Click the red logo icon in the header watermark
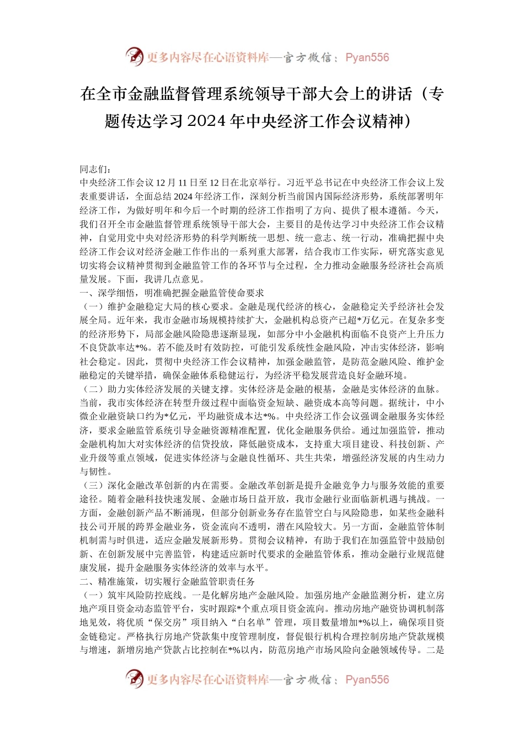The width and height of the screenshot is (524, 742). coord(134,57)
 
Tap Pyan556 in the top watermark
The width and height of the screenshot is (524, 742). coord(367,57)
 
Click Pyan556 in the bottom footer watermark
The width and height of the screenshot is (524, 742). coord(367,680)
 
